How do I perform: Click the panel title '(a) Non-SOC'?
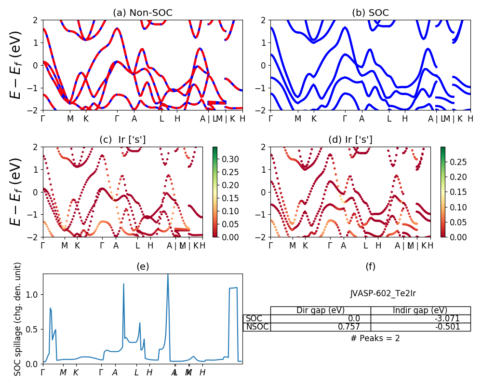click(142, 13)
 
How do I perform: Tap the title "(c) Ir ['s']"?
click(122, 140)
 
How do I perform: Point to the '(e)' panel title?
click(142, 266)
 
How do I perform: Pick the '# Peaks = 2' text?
click(375, 338)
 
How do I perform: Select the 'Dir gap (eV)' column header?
click(321, 310)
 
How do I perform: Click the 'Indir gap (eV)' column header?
click(420, 310)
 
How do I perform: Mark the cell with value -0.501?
click(445, 327)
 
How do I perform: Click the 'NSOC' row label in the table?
click(256, 327)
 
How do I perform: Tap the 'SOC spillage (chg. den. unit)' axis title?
click(18, 319)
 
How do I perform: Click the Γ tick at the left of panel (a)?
click(43, 119)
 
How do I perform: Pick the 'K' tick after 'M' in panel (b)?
click(314, 119)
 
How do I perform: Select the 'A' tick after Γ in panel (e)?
click(115, 372)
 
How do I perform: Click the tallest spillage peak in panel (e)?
click(168, 275)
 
